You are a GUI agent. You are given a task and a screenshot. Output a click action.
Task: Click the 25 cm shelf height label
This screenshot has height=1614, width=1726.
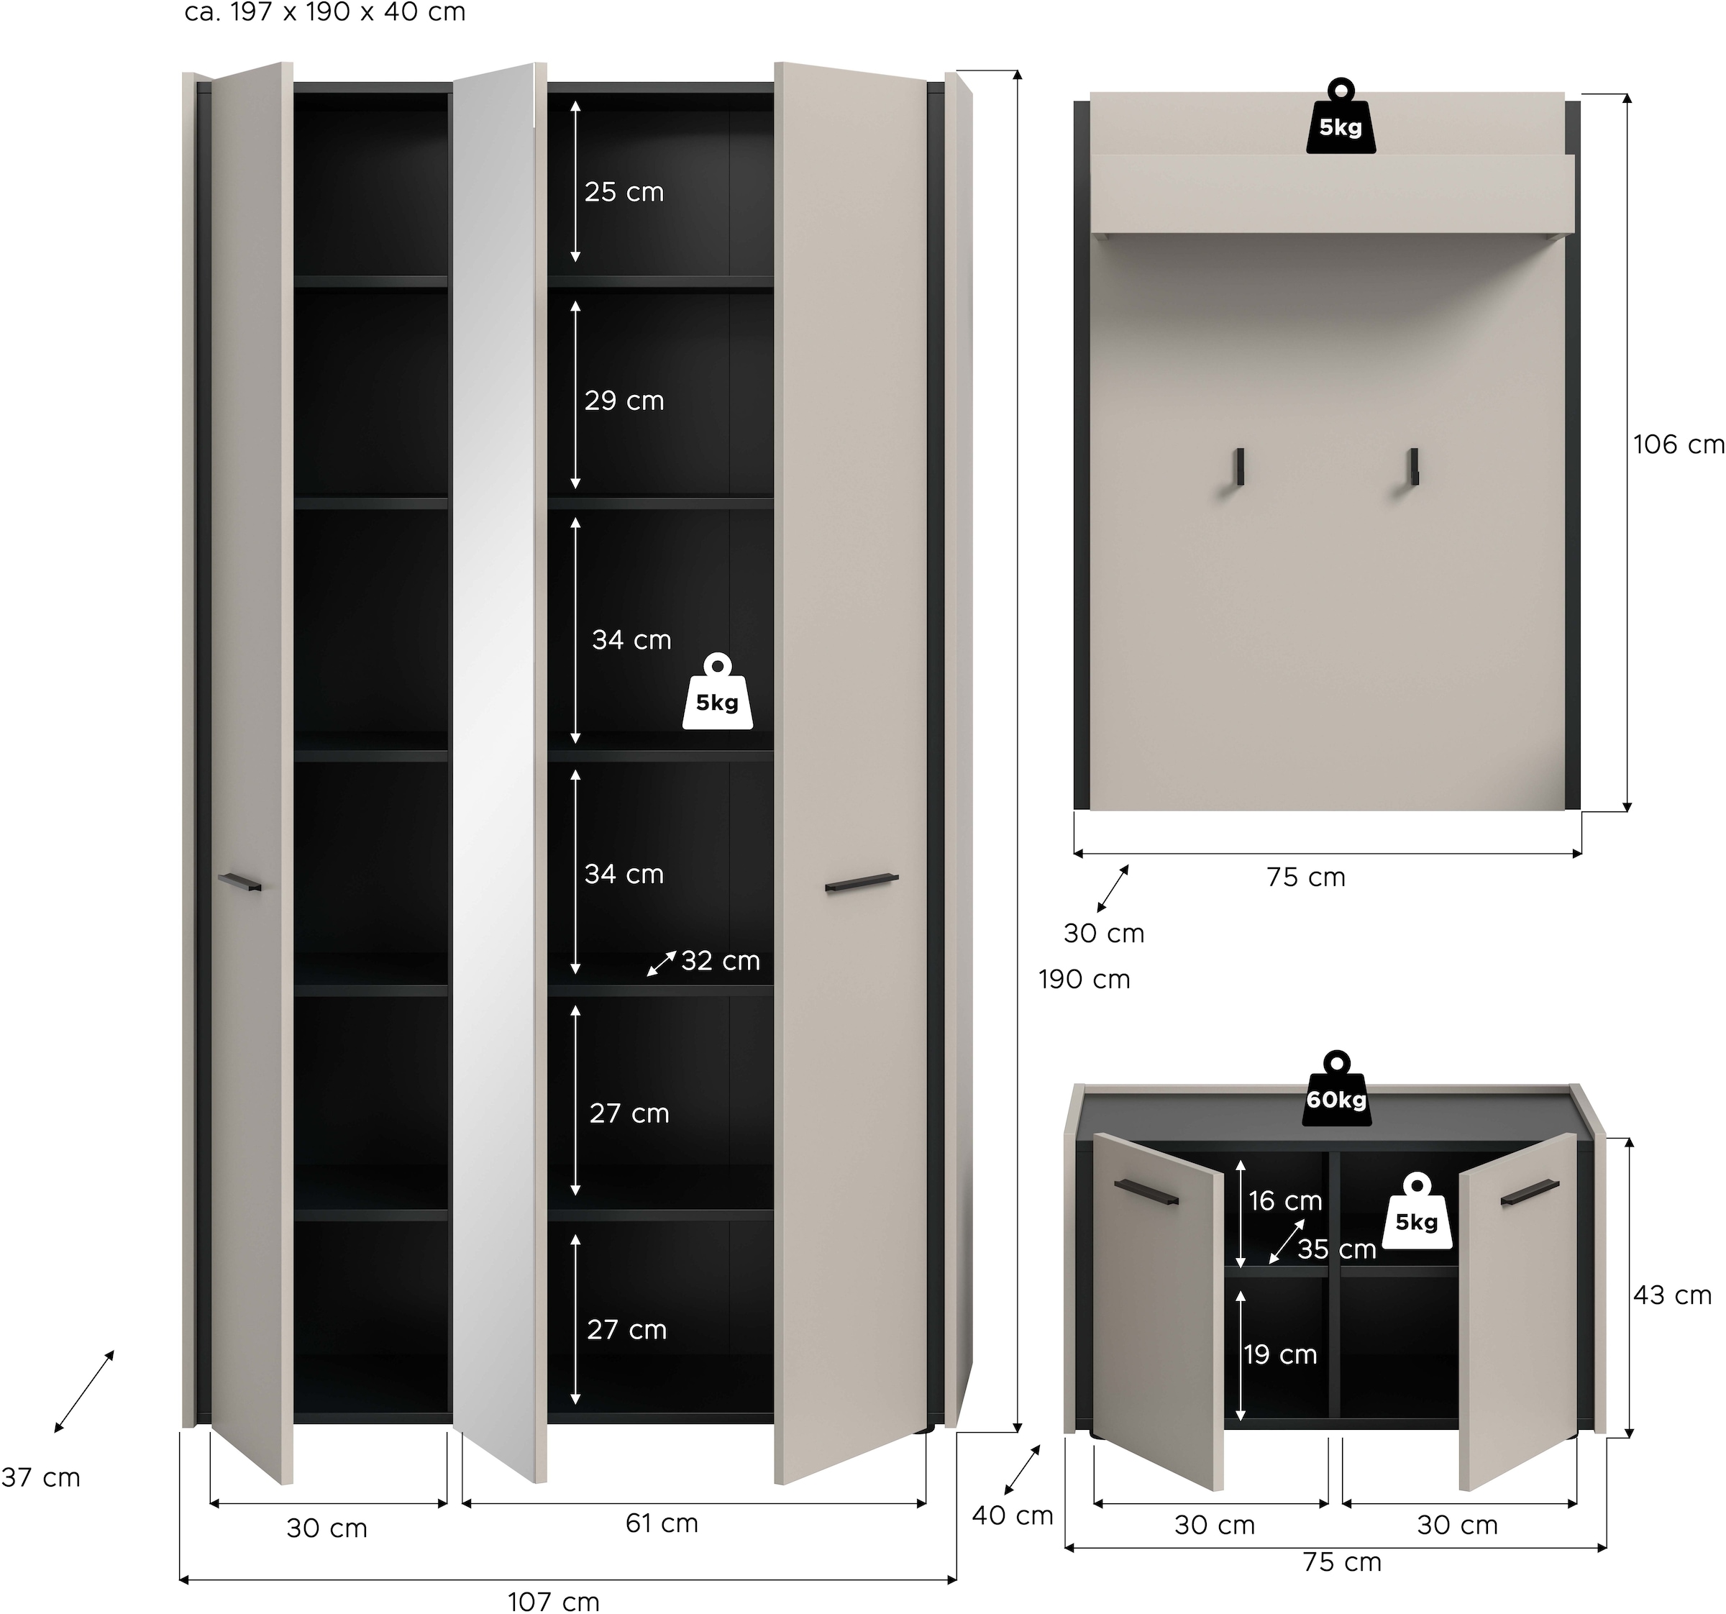coord(624,192)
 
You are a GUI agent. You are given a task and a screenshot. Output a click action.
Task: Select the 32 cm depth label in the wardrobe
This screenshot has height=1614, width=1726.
coord(720,961)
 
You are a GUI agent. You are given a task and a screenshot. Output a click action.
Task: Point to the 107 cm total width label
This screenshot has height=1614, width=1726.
coord(553,1601)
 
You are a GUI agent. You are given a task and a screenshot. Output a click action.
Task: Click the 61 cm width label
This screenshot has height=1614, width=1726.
coord(662,1522)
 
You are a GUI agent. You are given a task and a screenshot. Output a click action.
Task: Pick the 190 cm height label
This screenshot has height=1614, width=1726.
coord(1084,980)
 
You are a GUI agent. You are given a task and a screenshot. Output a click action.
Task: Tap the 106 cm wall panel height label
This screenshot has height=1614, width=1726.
coord(1677,444)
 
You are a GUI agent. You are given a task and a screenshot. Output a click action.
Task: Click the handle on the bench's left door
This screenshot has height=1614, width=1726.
coord(1146,1191)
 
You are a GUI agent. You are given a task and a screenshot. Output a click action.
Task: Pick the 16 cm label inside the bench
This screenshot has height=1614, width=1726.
coord(1285,1200)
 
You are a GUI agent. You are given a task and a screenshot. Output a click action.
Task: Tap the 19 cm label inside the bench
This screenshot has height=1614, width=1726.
coord(1279,1354)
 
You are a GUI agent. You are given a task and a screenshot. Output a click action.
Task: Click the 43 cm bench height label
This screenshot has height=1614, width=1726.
coord(1671,1295)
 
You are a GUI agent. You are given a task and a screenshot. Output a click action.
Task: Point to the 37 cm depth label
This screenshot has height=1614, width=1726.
coord(41,1477)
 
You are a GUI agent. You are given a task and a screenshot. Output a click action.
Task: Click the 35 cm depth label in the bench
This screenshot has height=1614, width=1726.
coord(1336,1249)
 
